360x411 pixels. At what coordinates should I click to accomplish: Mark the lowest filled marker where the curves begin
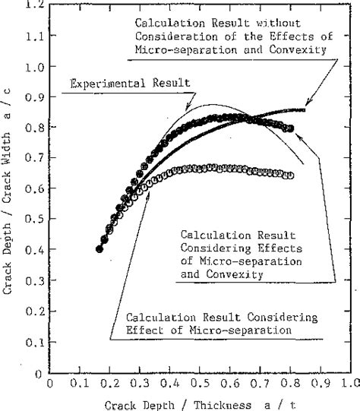pyautogui.click(x=99, y=248)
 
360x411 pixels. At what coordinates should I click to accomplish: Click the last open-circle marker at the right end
pyautogui.click(x=289, y=175)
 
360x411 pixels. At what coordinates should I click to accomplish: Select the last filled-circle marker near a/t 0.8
pyautogui.click(x=289, y=128)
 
